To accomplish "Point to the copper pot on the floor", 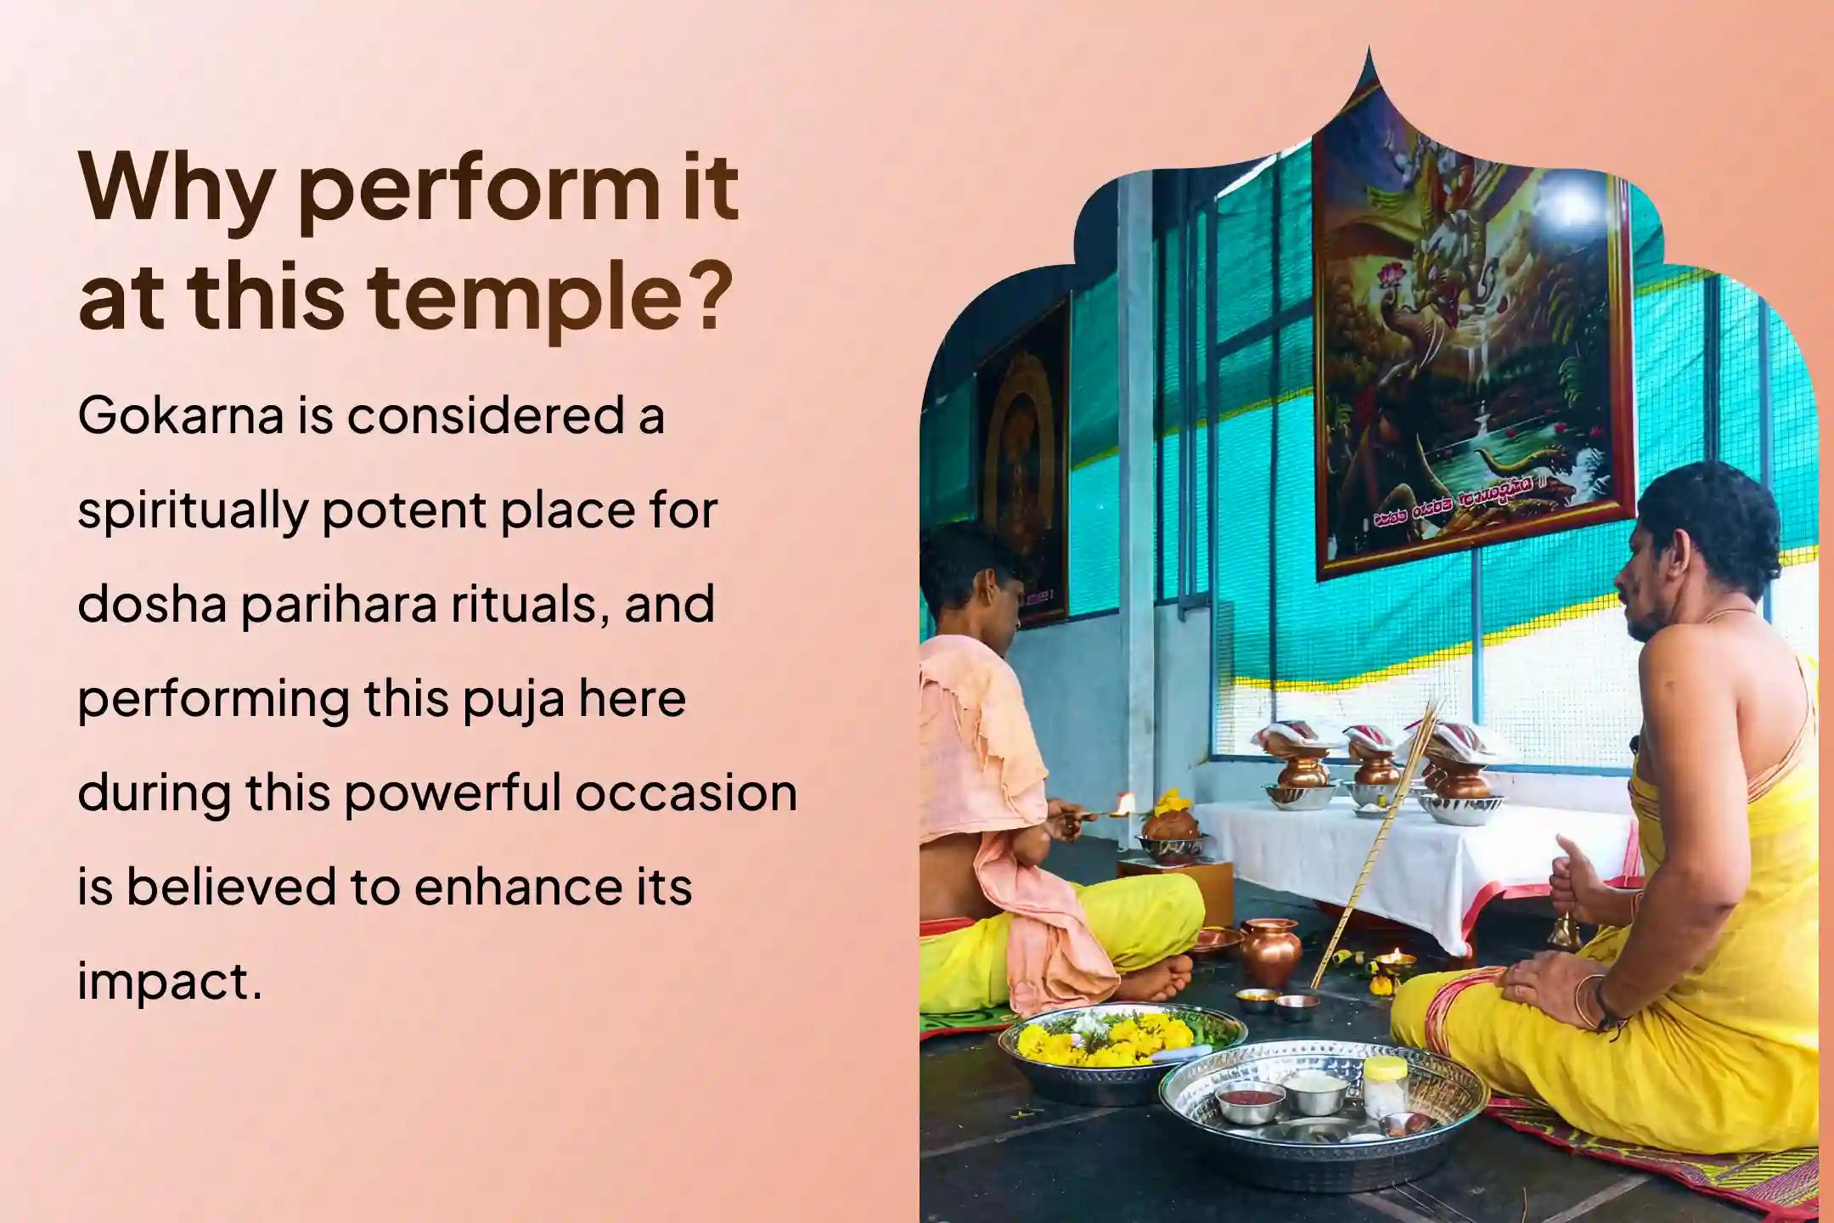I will coord(1269,951).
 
